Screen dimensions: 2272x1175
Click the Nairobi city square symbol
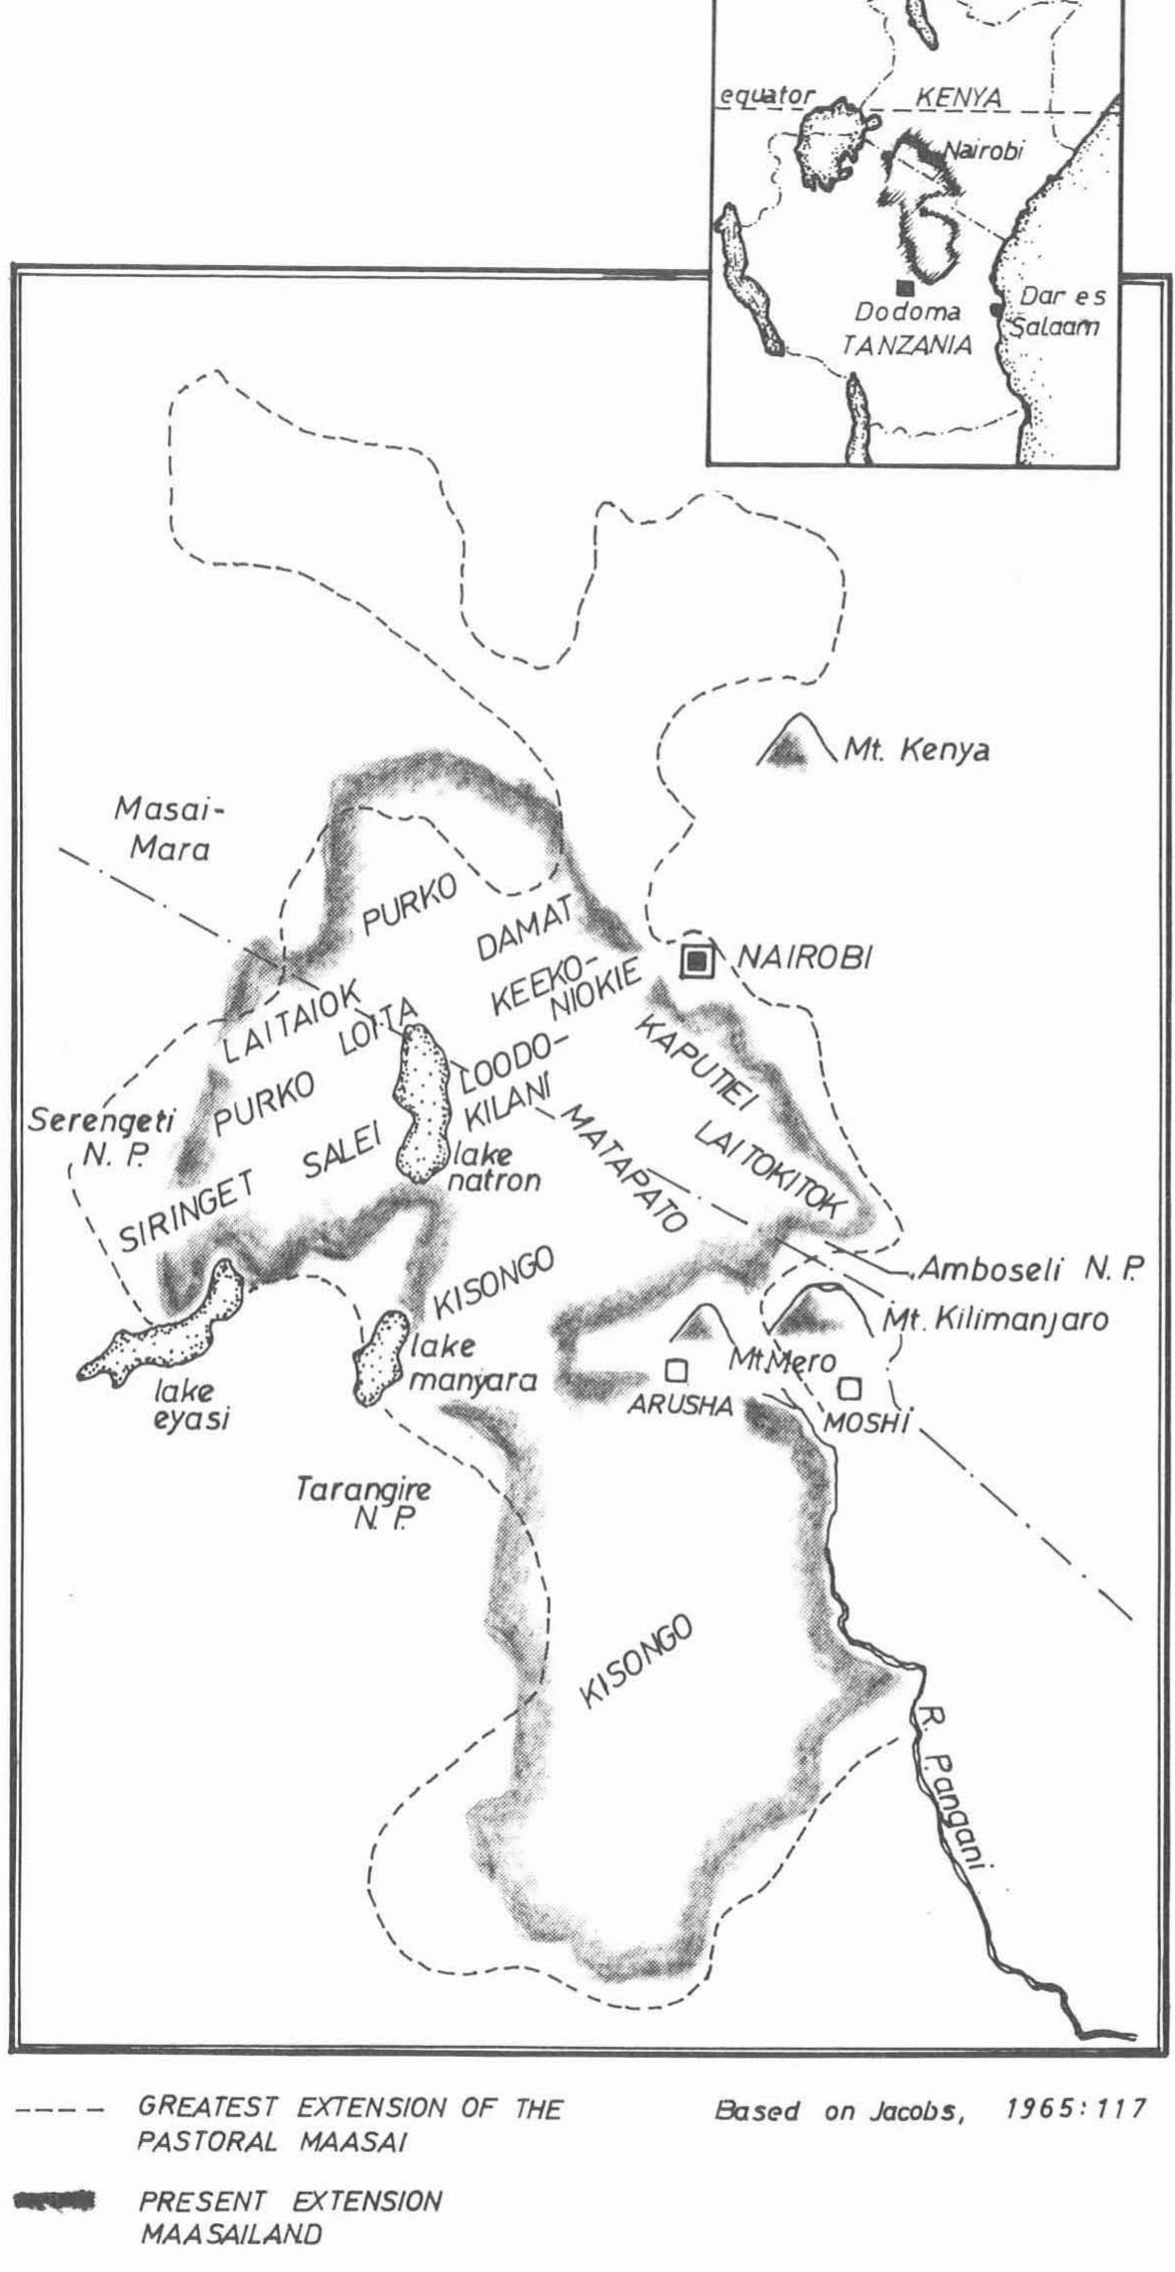(699, 959)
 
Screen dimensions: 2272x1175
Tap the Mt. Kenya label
(916, 750)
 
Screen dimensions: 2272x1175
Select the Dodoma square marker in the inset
(903, 288)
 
